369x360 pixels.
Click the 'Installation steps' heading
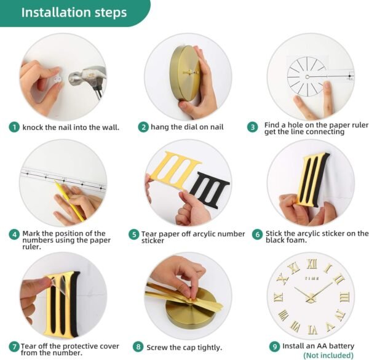point(74,12)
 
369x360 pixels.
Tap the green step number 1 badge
point(14,127)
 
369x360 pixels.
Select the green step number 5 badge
point(133,234)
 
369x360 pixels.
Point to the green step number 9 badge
point(274,346)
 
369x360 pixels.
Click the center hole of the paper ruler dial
point(307,77)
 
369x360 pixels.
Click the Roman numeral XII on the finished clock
point(312,264)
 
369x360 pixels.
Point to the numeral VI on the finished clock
point(312,330)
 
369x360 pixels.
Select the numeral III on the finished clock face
point(344,297)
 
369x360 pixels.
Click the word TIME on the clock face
point(312,279)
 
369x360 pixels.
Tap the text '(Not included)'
point(328,355)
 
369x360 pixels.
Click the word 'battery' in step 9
point(341,346)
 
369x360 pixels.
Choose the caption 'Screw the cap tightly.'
point(184,348)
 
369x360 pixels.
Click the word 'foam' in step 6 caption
point(298,241)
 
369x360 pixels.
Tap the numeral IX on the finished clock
point(279,297)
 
